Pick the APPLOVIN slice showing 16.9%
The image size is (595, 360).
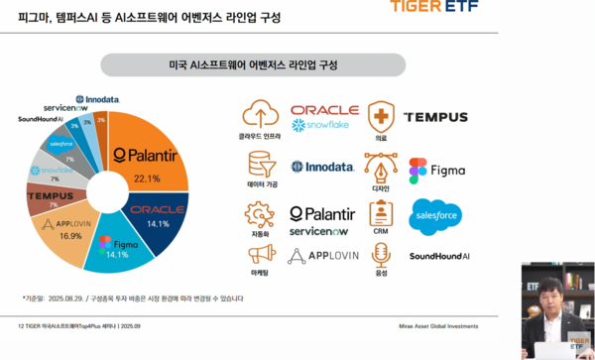pyautogui.click(x=69, y=232)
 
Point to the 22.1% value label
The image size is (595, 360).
pyautogui.click(x=146, y=178)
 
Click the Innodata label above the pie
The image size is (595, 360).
pyautogui.click(x=97, y=99)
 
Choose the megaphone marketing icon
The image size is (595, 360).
pyautogui.click(x=260, y=256)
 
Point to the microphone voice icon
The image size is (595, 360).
pyautogui.click(x=380, y=256)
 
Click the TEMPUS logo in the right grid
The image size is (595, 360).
pyautogui.click(x=436, y=117)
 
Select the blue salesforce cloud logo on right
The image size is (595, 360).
pyautogui.click(x=436, y=215)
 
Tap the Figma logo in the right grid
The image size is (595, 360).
pyautogui.click(x=436, y=171)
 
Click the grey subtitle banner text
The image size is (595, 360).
pyautogui.click(x=253, y=64)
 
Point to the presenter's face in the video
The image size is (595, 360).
pyautogui.click(x=544, y=295)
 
